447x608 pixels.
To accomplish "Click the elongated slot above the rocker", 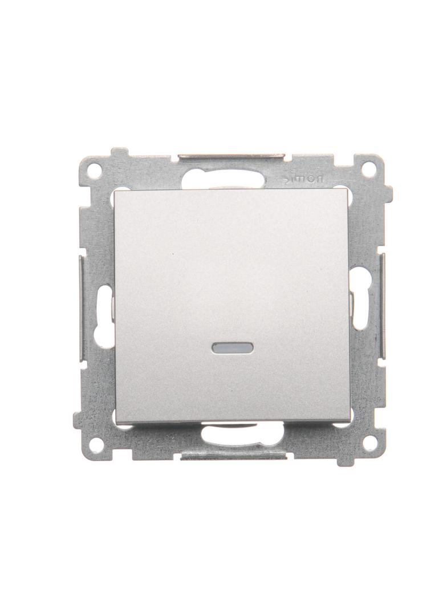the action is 229,180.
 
